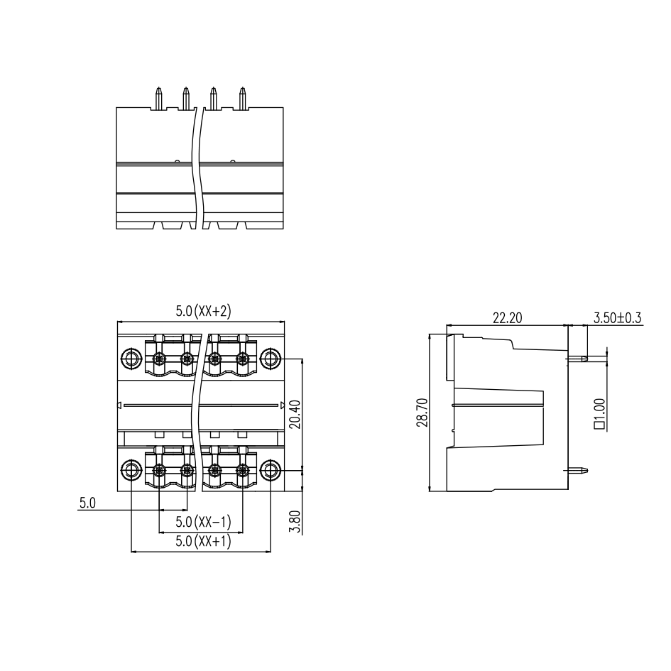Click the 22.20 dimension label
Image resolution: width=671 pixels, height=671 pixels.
[x=507, y=318]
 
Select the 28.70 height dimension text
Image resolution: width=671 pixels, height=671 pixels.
[x=422, y=413]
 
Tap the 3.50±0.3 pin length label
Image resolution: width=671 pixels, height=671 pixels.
[x=617, y=318]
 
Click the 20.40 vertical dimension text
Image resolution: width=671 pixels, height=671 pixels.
[x=295, y=414]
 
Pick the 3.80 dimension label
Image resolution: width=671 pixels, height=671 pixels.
[x=295, y=522]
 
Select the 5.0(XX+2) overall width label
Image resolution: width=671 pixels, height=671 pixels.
[x=203, y=311]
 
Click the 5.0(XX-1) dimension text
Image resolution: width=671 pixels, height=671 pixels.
[x=203, y=522]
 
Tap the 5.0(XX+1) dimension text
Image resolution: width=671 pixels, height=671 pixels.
[x=203, y=541]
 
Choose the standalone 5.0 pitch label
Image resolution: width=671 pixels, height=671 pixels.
[x=87, y=503]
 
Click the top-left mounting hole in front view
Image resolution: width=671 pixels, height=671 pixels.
[x=131, y=358]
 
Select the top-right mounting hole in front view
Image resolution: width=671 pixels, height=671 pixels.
[x=271, y=358]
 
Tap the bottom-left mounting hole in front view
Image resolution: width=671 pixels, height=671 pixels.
[x=131, y=471]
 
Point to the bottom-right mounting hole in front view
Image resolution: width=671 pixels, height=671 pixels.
[x=271, y=471]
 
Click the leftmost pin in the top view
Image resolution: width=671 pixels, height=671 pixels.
[x=159, y=98]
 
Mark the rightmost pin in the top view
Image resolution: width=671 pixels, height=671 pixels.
[x=243, y=98]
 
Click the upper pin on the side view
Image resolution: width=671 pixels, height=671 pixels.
[x=577, y=358]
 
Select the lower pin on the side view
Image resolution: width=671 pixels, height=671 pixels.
[x=577, y=470]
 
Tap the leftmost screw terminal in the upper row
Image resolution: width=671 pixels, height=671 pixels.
[x=159, y=358]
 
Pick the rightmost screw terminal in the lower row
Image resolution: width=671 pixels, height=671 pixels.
[x=243, y=471]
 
